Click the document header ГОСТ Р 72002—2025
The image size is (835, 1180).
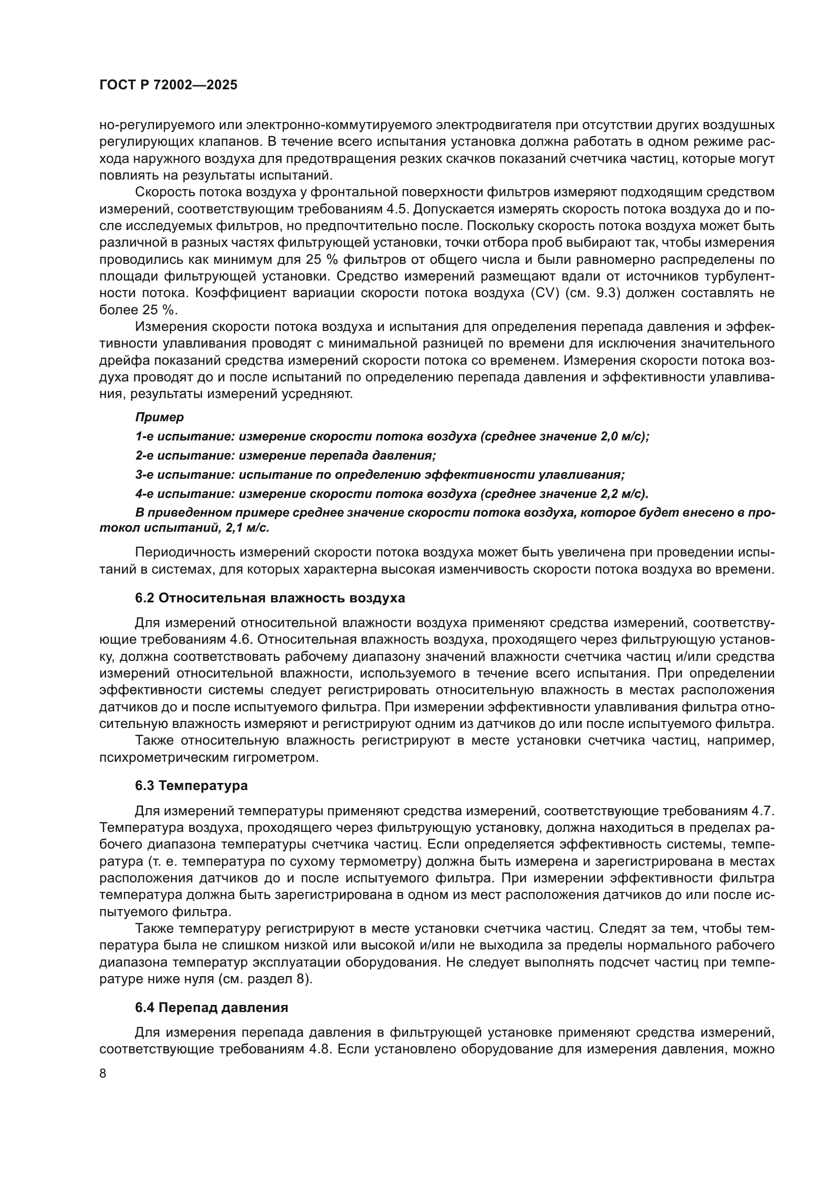click(168, 85)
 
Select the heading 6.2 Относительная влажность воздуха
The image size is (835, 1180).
click(270, 598)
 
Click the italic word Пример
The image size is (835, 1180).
click(160, 417)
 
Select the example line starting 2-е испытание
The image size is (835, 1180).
click(285, 456)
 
